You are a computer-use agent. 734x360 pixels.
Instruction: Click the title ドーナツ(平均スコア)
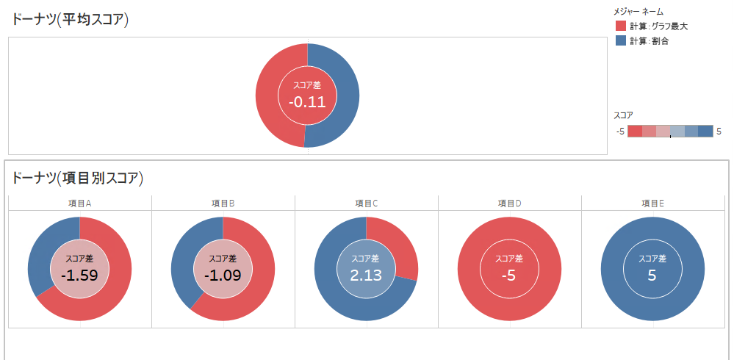[70, 20]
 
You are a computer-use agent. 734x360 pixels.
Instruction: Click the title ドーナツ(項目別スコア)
[77, 178]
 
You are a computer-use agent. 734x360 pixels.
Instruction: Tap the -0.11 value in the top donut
[307, 102]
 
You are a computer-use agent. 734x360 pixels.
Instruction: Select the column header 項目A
[79, 204]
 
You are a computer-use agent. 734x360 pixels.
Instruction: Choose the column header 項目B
[222, 204]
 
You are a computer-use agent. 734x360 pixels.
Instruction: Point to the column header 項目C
[366, 204]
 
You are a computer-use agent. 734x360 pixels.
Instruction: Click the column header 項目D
[509, 204]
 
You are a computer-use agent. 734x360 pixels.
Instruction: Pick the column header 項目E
[652, 204]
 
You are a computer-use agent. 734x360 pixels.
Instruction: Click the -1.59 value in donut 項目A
[79, 276]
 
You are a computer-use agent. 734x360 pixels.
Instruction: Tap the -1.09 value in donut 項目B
[223, 276]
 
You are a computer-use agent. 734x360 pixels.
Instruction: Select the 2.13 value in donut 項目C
[366, 276]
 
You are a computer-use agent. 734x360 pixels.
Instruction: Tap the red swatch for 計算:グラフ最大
[620, 26]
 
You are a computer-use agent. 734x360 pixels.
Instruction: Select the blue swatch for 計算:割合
[620, 40]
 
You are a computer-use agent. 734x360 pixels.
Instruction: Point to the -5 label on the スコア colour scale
[620, 132]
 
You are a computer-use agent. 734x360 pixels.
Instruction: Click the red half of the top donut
[269, 96]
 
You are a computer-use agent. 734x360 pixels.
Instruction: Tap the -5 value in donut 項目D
[509, 276]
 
